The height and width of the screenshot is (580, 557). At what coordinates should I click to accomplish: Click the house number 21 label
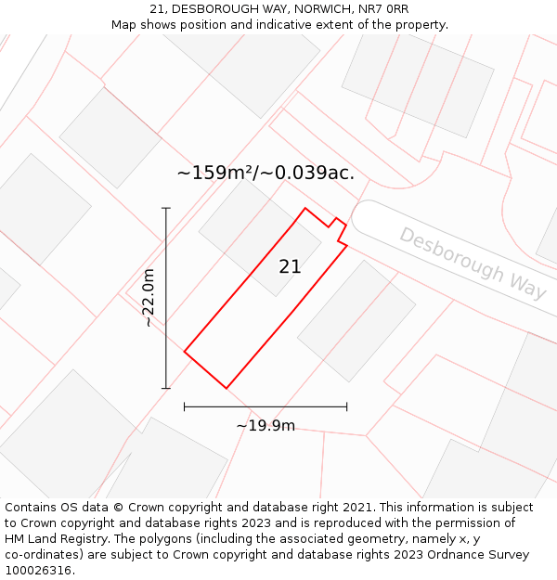[x=290, y=266]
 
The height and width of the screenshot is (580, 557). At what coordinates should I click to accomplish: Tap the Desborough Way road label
[x=473, y=263]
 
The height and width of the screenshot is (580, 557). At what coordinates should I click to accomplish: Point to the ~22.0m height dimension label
[x=149, y=297]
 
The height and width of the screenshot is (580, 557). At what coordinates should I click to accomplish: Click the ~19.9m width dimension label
[x=266, y=426]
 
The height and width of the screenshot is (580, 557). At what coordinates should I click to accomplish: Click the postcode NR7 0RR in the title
[x=383, y=8]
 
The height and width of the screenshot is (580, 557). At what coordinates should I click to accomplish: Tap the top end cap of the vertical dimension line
[x=166, y=208]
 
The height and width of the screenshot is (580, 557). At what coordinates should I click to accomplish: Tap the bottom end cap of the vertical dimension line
[x=166, y=388]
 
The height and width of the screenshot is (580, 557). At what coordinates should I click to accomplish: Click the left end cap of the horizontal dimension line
[x=185, y=406]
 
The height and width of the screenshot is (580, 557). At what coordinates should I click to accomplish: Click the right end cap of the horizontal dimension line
[x=346, y=406]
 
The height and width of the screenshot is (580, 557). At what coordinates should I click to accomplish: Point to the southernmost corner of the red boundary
[x=226, y=388]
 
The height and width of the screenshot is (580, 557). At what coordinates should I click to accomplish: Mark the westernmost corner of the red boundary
[x=185, y=352]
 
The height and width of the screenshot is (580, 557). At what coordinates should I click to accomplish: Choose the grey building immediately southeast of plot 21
[x=356, y=320]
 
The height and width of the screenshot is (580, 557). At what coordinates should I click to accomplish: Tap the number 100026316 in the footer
[x=37, y=570]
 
